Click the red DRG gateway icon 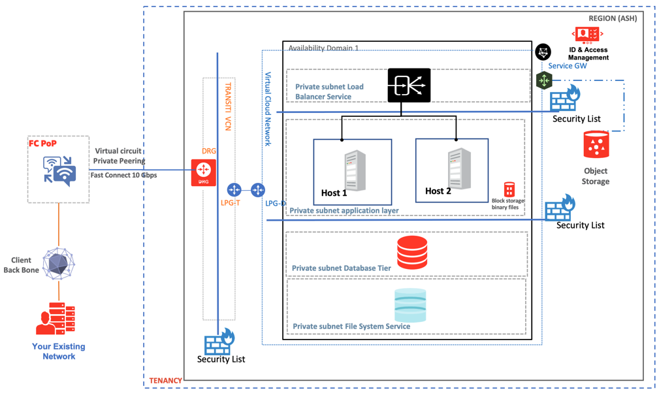click(203, 172)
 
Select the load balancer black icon click(409, 86)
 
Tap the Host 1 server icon click(355, 170)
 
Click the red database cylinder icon click(412, 253)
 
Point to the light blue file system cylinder click(410, 305)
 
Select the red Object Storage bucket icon click(596, 145)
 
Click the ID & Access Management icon click(587, 34)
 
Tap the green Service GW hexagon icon click(544, 80)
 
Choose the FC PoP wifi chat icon click(59, 170)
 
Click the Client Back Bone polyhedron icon click(59, 263)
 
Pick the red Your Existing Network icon click(56, 318)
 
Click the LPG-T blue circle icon click(234, 190)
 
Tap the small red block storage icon click(509, 189)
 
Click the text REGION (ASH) click(612, 18)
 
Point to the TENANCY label click(165, 380)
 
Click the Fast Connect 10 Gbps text click(123, 175)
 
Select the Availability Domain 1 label click(323, 48)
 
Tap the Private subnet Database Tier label click(341, 268)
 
